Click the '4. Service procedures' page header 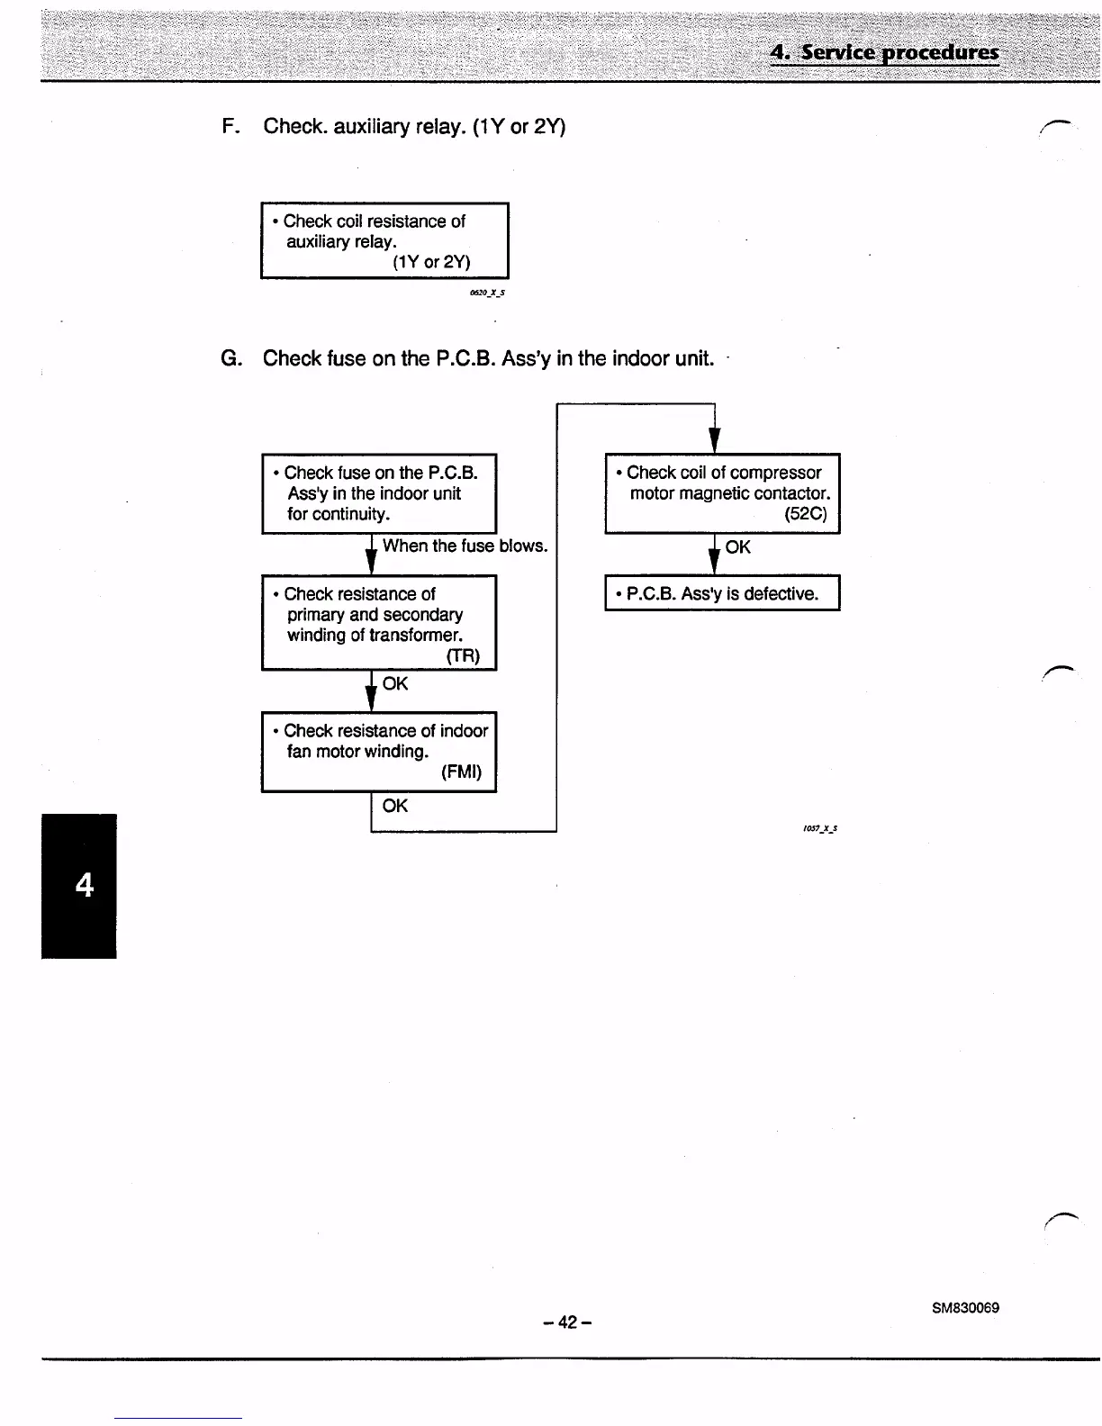[884, 52]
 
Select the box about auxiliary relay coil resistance [384, 241]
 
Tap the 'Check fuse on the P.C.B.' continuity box [379, 493]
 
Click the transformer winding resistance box [379, 622]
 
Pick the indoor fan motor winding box [379, 752]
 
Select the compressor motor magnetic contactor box [722, 493]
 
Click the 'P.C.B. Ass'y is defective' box [722, 593]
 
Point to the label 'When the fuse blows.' [465, 546]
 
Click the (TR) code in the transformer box [463, 655]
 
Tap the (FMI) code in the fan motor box [461, 772]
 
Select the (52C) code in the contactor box [805, 515]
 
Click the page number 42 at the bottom [567, 1322]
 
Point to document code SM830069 [965, 1307]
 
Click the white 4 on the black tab [84, 886]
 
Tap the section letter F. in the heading [230, 126]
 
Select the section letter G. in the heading [231, 358]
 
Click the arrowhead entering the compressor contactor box [713, 441]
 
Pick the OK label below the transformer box [395, 684]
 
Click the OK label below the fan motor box [395, 806]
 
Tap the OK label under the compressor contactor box [737, 547]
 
